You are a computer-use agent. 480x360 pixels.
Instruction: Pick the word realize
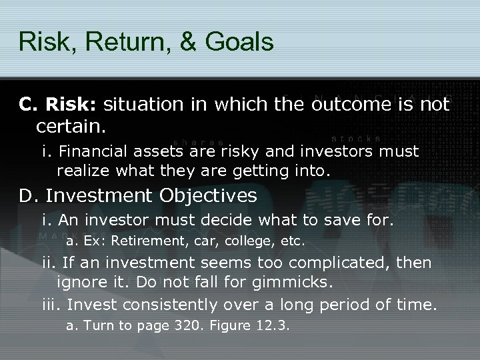coord(84,171)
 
